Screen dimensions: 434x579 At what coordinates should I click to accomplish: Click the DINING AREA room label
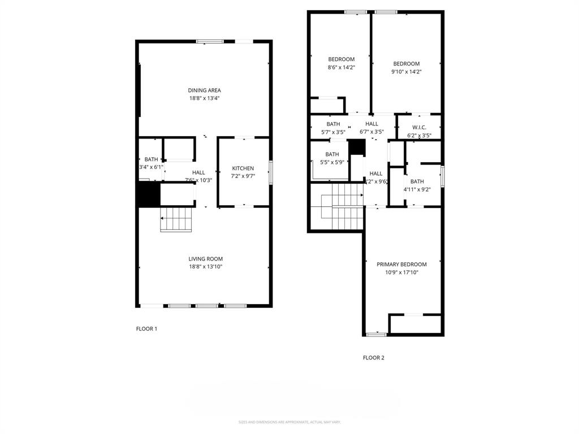(x=204, y=90)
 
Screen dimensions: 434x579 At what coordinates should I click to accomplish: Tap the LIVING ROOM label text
(x=205, y=259)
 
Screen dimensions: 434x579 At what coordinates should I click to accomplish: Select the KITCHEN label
(x=243, y=168)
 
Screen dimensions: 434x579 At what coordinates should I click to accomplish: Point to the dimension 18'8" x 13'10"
(x=205, y=267)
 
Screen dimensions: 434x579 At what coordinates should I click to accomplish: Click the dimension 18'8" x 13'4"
(x=204, y=98)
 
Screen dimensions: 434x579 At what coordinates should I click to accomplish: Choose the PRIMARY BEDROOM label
(x=401, y=264)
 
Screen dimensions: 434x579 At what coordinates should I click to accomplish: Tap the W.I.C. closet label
(x=419, y=127)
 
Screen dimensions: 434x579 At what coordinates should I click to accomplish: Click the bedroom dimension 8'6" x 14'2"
(x=341, y=67)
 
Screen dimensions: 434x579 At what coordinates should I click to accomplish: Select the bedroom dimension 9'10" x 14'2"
(x=406, y=72)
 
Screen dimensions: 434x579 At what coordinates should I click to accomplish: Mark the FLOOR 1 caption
(x=146, y=329)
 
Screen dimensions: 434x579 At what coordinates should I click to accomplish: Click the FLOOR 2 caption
(x=373, y=358)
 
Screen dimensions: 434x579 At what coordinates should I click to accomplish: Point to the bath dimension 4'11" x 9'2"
(x=417, y=189)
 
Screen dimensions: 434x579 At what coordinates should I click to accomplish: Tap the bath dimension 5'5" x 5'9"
(x=331, y=162)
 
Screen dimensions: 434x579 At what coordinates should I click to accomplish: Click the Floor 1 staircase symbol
(x=177, y=219)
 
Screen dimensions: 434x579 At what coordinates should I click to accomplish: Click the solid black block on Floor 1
(x=149, y=194)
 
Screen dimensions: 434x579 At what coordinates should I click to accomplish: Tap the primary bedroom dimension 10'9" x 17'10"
(x=401, y=272)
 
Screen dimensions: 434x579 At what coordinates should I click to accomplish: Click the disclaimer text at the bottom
(x=289, y=422)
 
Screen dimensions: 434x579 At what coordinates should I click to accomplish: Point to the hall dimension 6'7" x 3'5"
(x=371, y=132)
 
